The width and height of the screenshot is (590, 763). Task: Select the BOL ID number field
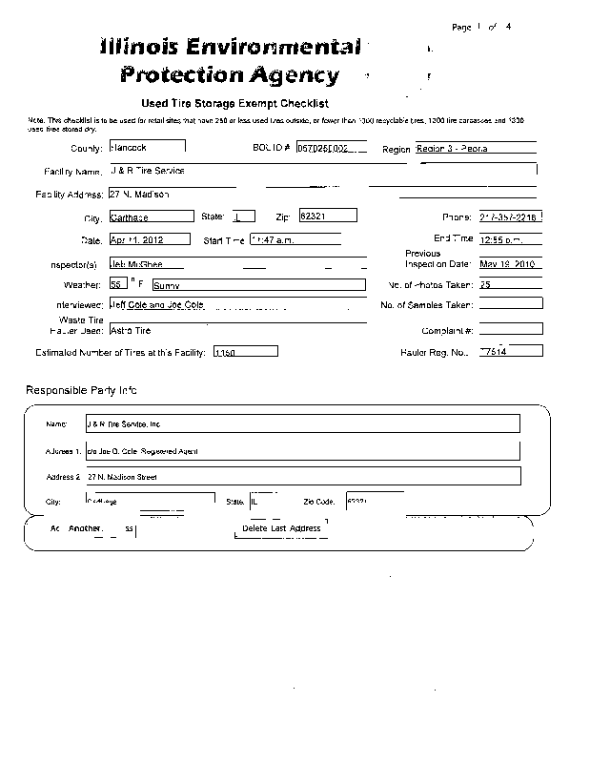point(330,148)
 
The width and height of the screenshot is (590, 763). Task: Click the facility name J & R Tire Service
point(148,171)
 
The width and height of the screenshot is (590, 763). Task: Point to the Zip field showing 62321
point(327,216)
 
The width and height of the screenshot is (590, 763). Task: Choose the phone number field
point(511,217)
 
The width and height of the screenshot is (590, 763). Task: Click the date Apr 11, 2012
point(149,239)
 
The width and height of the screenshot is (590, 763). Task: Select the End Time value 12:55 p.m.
point(510,239)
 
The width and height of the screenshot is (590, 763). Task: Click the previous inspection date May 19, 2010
point(510,263)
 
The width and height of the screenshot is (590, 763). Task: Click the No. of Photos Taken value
point(510,284)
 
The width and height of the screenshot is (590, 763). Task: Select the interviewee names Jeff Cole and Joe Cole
point(156,304)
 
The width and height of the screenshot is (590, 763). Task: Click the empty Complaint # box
point(511,329)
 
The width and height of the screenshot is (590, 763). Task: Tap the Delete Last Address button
point(281,527)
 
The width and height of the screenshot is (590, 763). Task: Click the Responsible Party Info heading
point(82,390)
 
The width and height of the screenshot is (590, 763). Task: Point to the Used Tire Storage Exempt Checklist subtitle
point(235,103)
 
